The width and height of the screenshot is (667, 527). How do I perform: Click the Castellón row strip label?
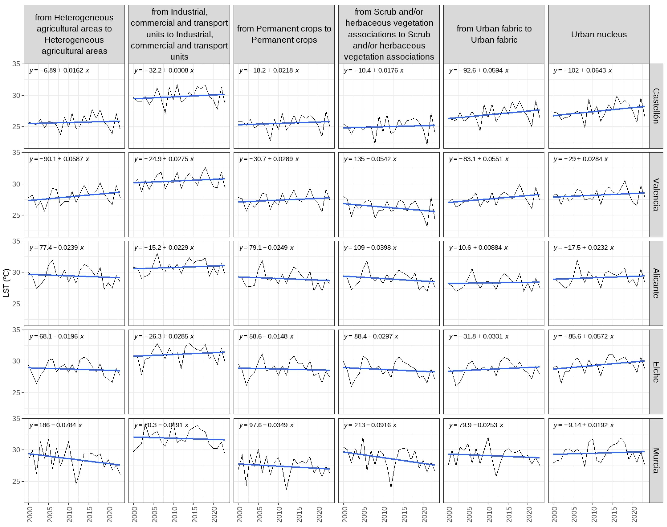tap(656, 106)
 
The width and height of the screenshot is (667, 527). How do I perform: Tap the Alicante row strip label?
tap(656, 283)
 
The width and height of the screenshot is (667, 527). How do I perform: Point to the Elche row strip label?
tap(656, 372)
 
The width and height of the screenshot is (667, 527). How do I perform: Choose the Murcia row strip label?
tap(656, 460)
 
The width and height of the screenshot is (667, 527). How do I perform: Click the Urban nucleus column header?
tap(599, 34)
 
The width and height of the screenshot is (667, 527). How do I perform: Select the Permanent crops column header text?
tap(284, 34)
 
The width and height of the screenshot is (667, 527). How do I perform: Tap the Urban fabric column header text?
tap(494, 34)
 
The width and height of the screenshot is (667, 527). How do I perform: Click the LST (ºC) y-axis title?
tap(6, 283)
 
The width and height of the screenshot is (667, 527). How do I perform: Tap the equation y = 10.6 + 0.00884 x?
tap(478, 248)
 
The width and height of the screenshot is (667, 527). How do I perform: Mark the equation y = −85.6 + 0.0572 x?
tap(583, 336)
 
